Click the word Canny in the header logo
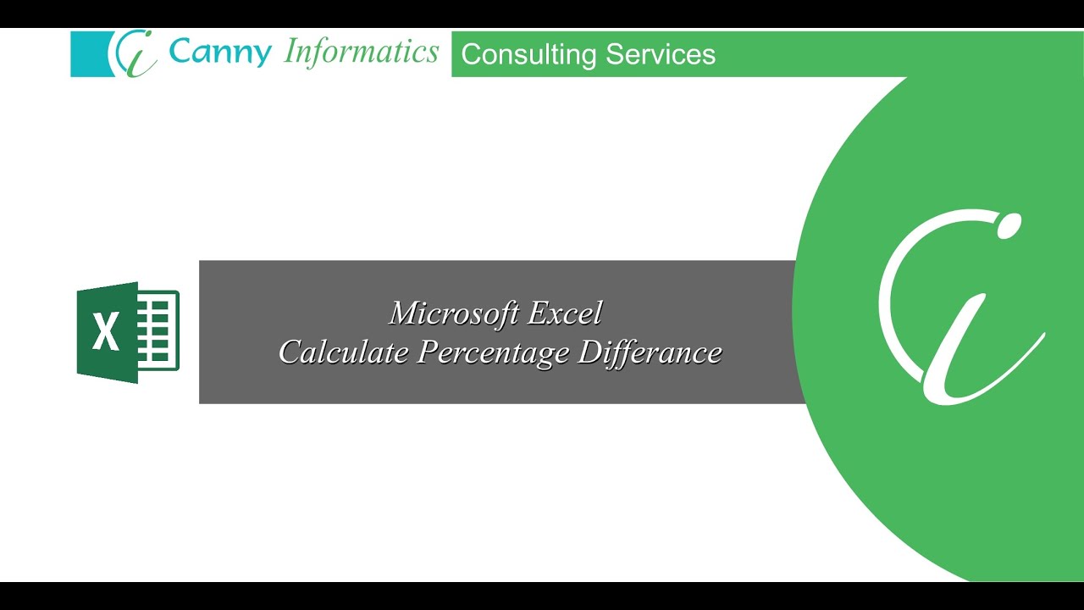pyautogui.click(x=220, y=53)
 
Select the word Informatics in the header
pyautogui.click(x=361, y=53)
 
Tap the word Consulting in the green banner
pyautogui.click(x=528, y=55)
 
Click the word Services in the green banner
pyautogui.click(x=661, y=53)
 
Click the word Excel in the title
pyautogui.click(x=565, y=313)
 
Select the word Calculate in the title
pyautogui.click(x=344, y=352)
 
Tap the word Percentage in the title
pyautogui.click(x=493, y=353)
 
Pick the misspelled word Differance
pyautogui.click(x=650, y=352)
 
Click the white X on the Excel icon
pyautogui.click(x=106, y=331)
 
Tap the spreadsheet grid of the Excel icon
pyautogui.click(x=158, y=330)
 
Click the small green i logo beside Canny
pyautogui.click(x=134, y=53)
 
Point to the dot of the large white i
pyautogui.click(x=1008, y=226)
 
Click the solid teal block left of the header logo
pyautogui.click(x=91, y=54)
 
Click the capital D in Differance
pyautogui.click(x=592, y=352)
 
